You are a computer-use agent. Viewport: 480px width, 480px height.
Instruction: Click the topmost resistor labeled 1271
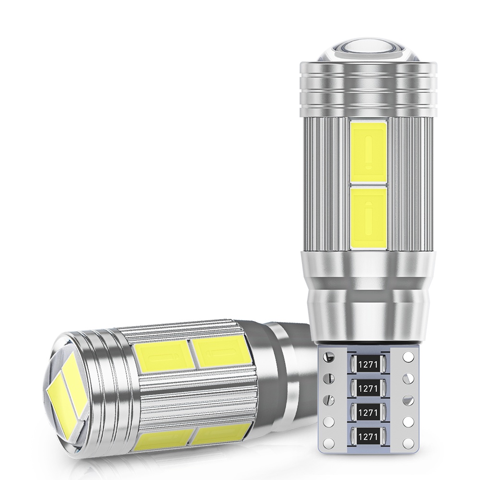pos(369,364)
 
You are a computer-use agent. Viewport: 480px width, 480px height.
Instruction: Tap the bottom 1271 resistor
pos(369,435)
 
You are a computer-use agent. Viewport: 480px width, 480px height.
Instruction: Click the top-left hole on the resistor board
pos(329,356)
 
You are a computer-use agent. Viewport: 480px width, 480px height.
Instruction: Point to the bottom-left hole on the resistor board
pos(329,442)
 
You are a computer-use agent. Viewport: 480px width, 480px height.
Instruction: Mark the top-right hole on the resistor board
pos(408,356)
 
